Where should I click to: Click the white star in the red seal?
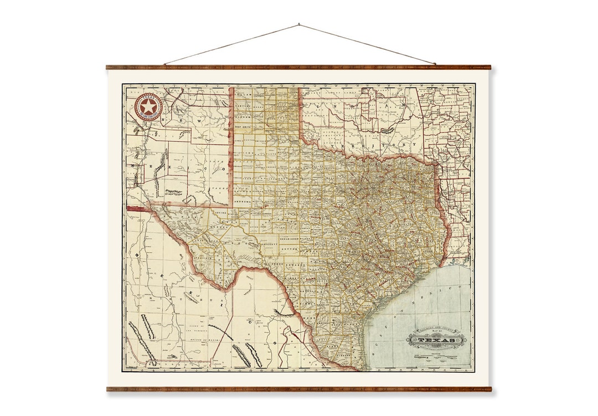[x=148, y=107]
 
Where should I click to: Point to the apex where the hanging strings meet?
[x=299, y=24]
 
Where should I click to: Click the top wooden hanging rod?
[x=299, y=67]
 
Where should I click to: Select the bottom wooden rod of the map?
[x=299, y=389]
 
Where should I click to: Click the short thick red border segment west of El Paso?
[x=138, y=209]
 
